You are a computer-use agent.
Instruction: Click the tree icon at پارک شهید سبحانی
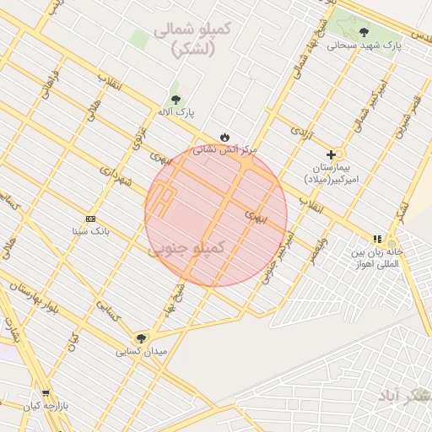point(364,32)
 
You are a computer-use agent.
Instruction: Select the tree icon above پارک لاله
point(175,100)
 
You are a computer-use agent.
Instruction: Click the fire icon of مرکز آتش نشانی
point(224,136)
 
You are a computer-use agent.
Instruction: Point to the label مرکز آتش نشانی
point(224,149)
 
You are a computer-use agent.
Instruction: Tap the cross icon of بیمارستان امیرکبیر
point(331,154)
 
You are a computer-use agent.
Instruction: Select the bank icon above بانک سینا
point(90,218)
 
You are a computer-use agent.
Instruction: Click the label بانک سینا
point(90,229)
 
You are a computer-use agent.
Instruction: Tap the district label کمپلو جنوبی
point(187,249)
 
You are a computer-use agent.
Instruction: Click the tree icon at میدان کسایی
point(140,337)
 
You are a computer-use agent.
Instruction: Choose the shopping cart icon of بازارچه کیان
point(45,393)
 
